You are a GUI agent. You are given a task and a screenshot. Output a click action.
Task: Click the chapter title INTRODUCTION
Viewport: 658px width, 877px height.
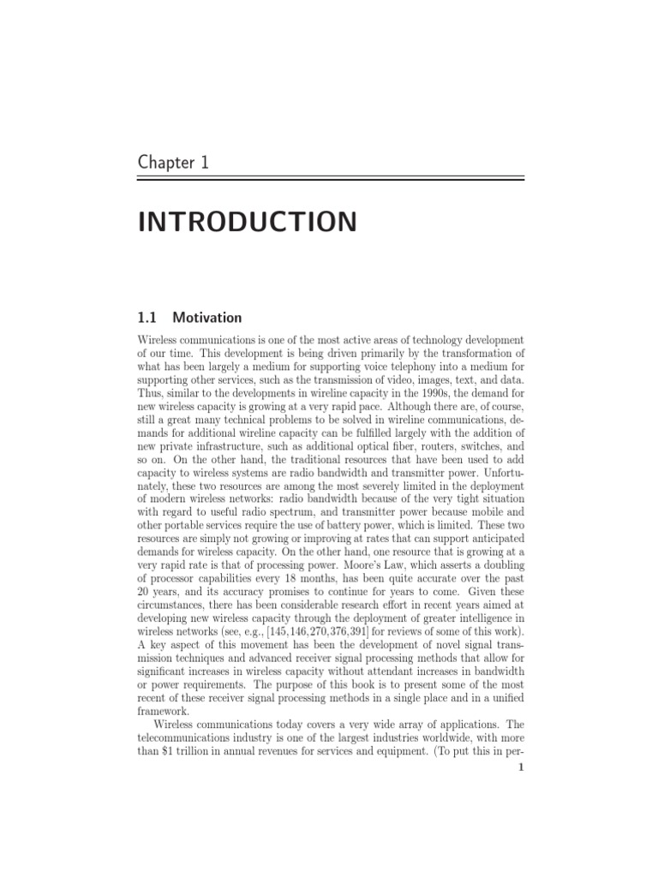point(247,222)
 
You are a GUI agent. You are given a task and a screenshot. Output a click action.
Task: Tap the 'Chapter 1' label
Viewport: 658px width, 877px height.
point(173,162)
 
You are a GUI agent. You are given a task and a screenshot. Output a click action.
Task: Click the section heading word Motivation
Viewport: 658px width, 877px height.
point(207,318)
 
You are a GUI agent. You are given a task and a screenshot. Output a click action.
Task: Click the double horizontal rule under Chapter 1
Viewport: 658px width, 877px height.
point(331,179)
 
